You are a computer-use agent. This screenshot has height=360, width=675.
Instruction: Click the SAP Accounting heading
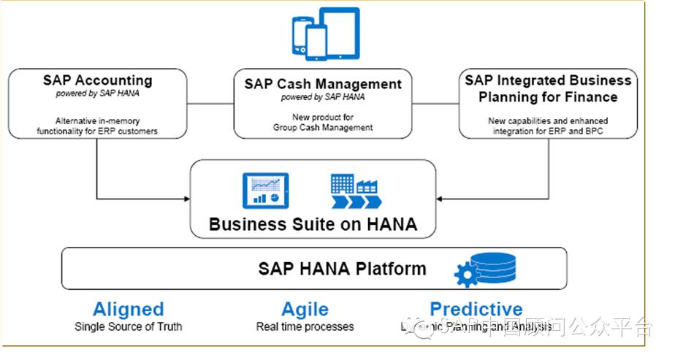point(97,80)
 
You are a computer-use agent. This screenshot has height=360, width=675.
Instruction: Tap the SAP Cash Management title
point(323,84)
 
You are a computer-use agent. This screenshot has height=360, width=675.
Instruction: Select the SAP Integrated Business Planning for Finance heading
point(548,88)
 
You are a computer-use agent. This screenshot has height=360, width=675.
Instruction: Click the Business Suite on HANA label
point(313,223)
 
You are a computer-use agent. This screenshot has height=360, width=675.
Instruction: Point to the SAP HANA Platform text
point(342,268)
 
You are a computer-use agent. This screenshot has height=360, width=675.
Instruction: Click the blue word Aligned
point(128,309)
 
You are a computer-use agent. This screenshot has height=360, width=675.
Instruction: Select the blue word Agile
point(305,309)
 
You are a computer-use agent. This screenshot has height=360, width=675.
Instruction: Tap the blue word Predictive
point(476,309)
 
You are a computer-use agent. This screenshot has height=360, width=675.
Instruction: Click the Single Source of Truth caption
point(128,326)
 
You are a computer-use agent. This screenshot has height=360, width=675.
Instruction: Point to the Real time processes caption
point(305,326)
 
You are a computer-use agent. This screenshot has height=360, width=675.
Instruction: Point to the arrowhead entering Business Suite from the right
point(441,199)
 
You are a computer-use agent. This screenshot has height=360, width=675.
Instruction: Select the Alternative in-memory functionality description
point(97,126)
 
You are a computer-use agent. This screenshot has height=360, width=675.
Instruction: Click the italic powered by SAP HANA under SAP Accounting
point(97,94)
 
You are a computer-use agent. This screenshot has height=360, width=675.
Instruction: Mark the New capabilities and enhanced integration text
point(548,125)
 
